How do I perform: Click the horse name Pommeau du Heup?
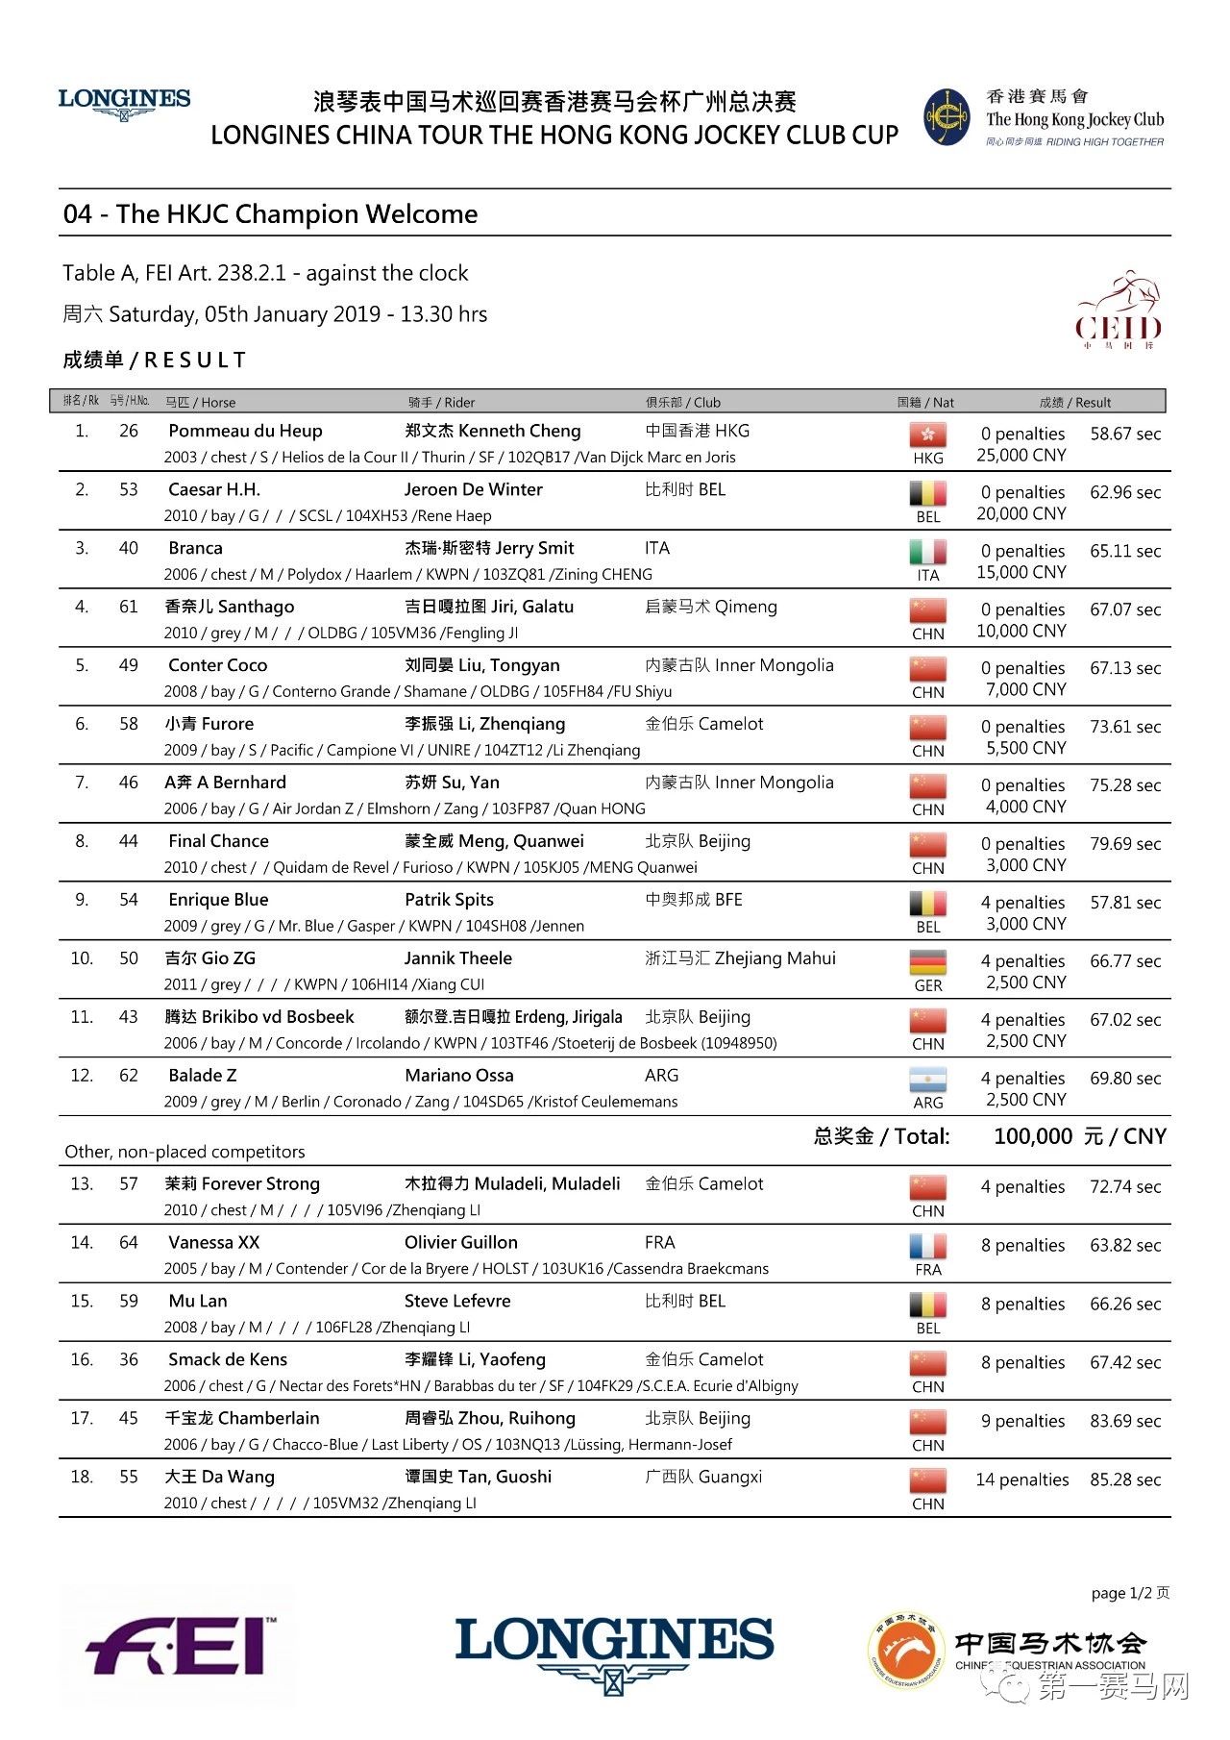point(245,432)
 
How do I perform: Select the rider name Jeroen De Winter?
point(473,490)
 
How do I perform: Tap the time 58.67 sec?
point(1125,435)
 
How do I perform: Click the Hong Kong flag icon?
point(927,435)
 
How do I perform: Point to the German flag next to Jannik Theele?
point(927,962)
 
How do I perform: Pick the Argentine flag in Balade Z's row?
point(927,1080)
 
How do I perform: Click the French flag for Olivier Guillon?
point(927,1247)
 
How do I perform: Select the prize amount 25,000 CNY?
point(1021,456)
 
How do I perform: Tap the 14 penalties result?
point(1022,1480)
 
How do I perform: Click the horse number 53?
point(129,490)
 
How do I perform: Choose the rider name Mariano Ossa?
point(459,1076)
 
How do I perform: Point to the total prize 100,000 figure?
point(1033,1137)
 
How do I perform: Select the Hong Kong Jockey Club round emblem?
point(947,117)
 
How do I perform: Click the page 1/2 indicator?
point(1130,1593)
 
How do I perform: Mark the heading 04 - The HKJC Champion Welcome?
point(270,214)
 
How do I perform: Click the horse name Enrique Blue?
point(218,901)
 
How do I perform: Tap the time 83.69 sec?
point(1125,1422)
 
